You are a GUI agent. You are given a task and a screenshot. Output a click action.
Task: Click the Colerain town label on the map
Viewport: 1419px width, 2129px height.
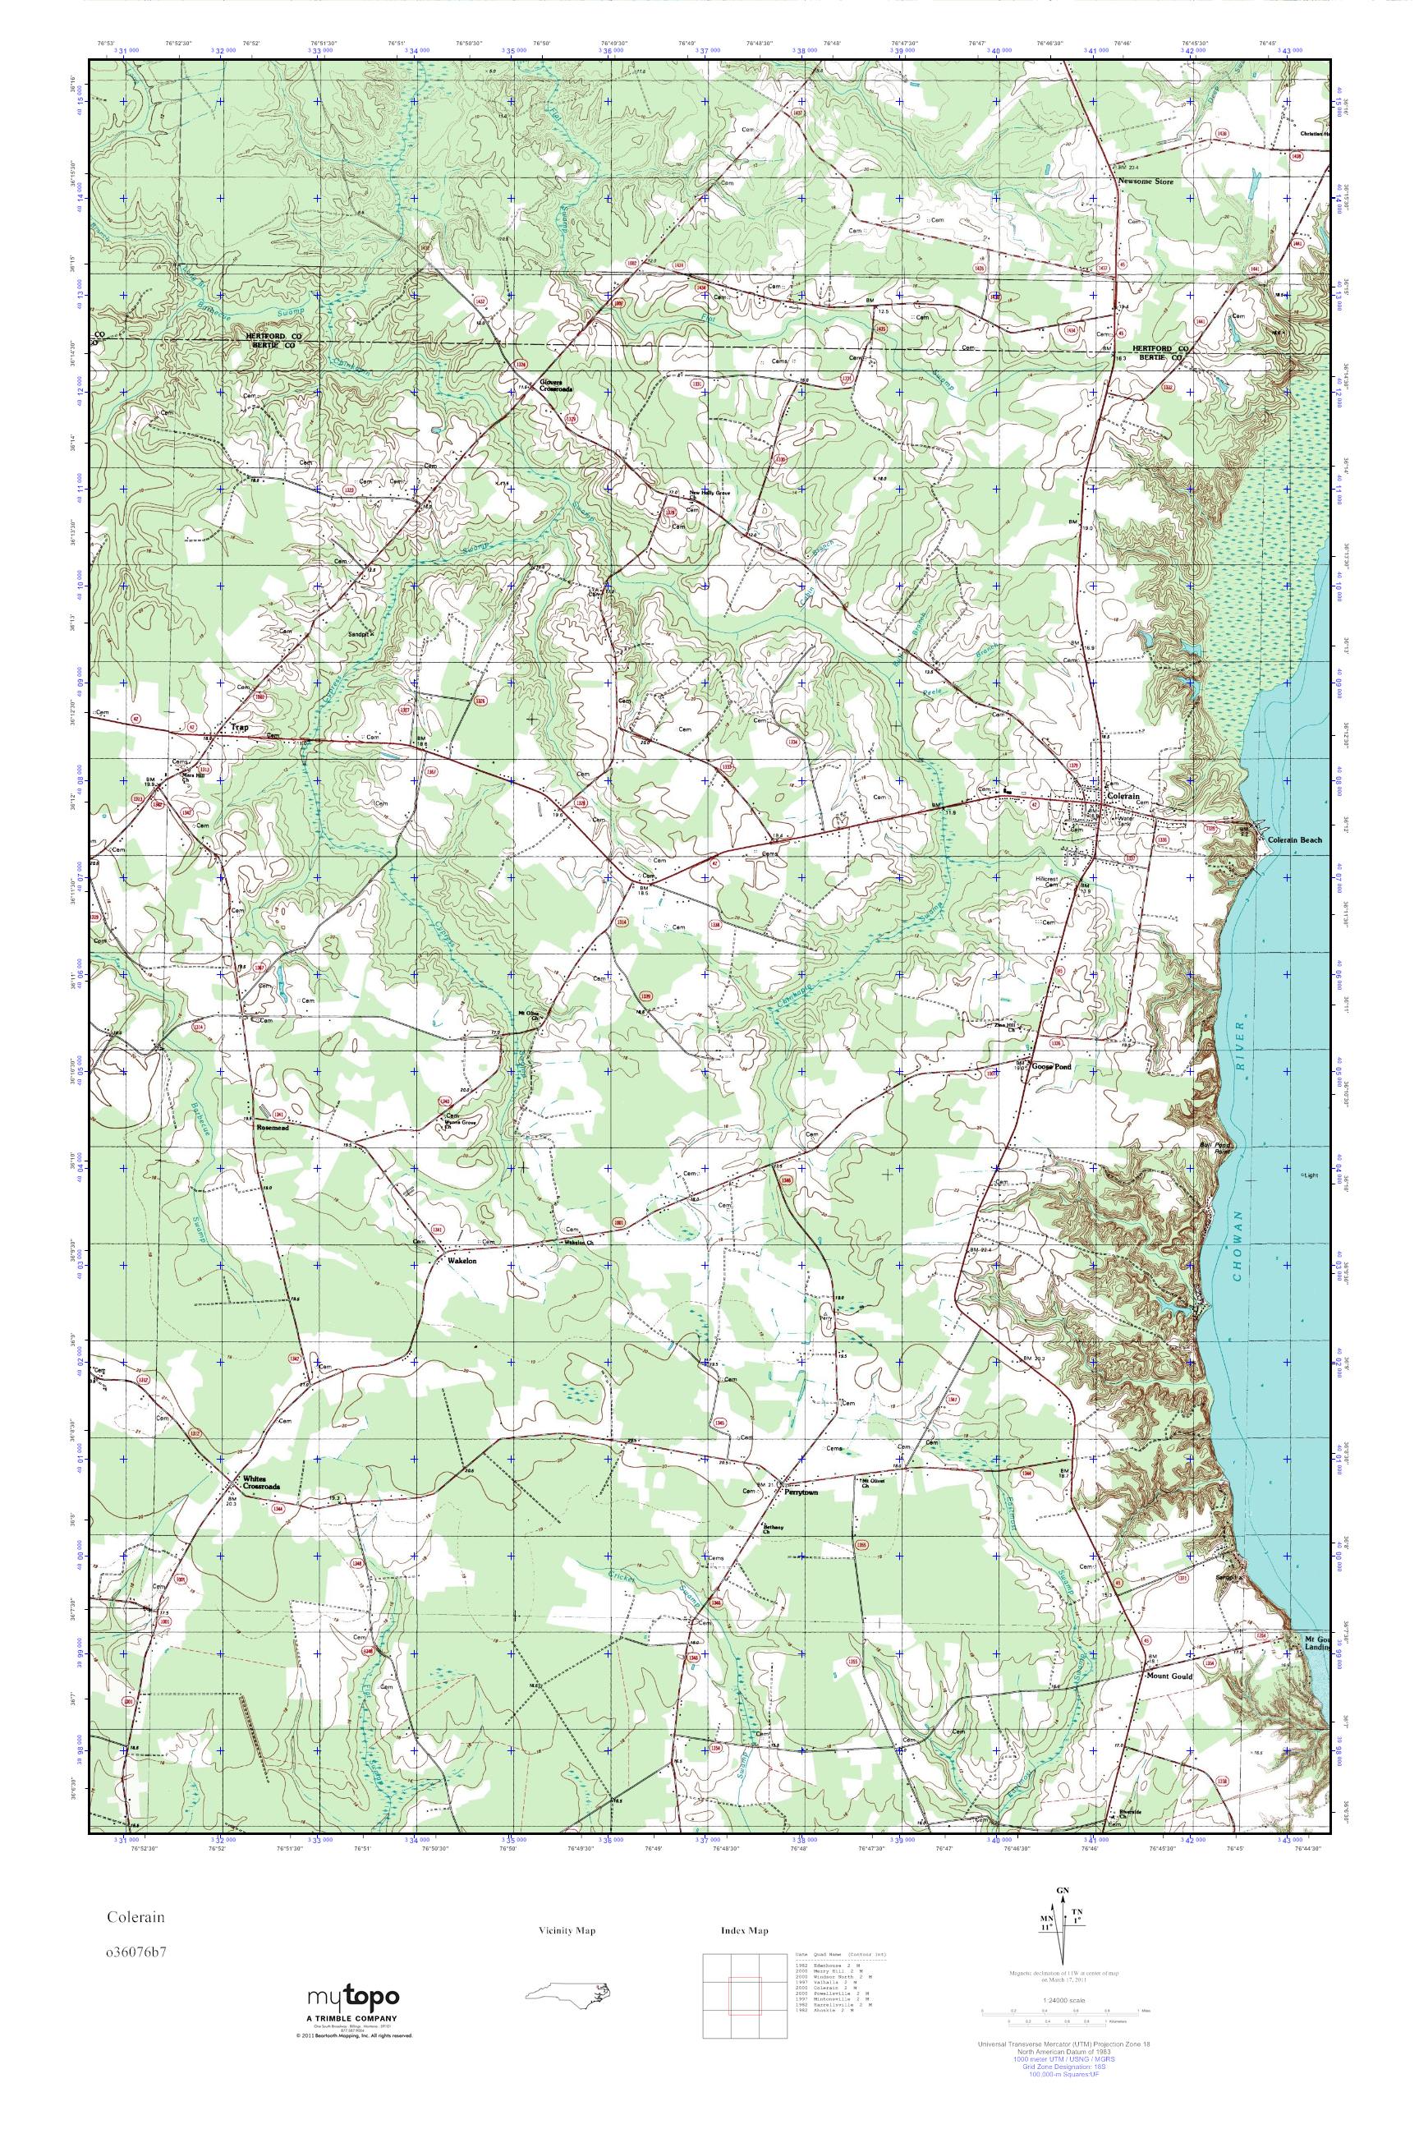[1123, 796]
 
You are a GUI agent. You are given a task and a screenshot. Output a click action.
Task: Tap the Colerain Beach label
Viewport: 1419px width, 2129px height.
[1294, 840]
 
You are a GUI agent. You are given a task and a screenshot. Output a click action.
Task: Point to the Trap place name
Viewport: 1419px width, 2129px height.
[240, 727]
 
